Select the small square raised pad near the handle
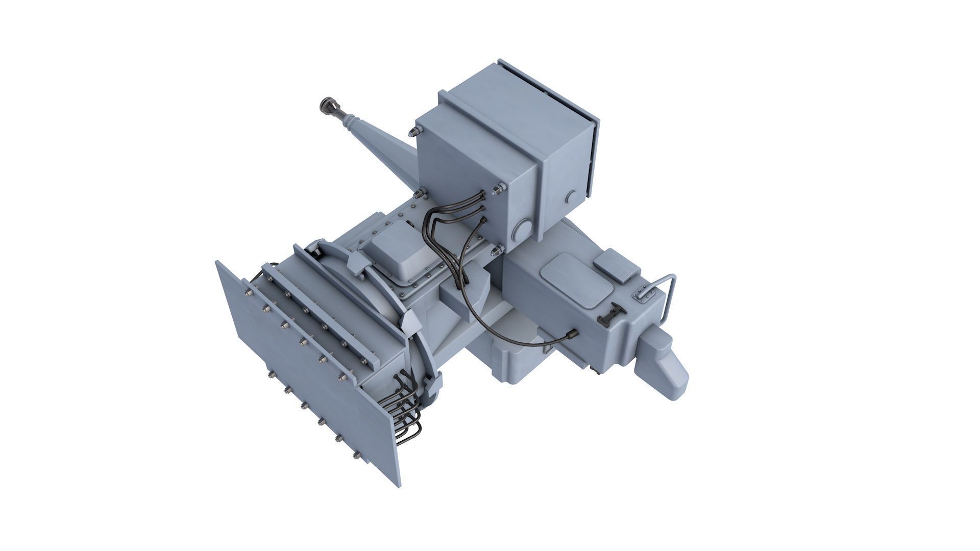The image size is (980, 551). coord(617,266)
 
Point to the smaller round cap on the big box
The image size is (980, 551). coord(571,196)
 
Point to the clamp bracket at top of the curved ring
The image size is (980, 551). coord(357,262)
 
